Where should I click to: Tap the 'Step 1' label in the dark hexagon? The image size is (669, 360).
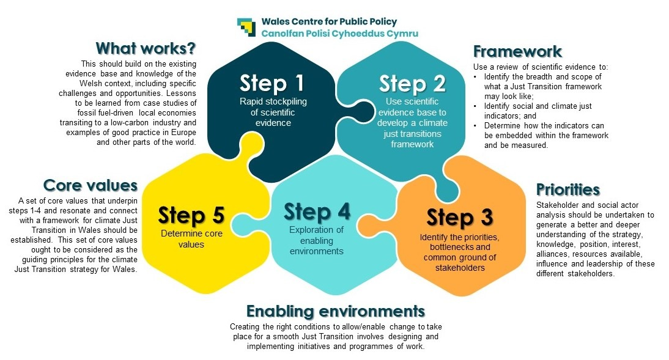tap(272, 83)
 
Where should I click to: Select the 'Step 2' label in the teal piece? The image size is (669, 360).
tap(412, 83)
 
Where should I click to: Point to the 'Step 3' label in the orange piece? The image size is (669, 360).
tap(460, 217)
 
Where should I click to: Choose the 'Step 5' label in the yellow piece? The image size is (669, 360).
tap(191, 215)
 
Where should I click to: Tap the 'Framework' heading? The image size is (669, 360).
tap(517, 51)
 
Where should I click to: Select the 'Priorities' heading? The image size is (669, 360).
tap(567, 189)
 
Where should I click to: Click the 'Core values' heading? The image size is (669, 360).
tap(91, 185)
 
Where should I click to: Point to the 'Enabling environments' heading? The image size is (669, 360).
tap(335, 310)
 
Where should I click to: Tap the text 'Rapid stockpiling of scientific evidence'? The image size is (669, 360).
tap(272, 111)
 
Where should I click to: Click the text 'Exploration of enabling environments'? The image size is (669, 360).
tap(317, 240)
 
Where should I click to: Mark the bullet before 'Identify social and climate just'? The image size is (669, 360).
tap(477, 106)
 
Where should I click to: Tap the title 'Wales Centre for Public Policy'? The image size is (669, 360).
tap(329, 22)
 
